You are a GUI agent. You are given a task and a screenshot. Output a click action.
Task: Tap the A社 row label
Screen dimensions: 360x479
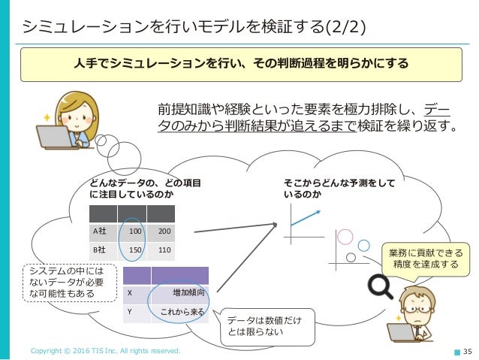(x=98, y=230)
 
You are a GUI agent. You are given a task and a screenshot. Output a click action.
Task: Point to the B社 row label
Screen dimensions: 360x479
(x=98, y=250)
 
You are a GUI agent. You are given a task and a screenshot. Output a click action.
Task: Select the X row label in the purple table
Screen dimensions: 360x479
(x=131, y=292)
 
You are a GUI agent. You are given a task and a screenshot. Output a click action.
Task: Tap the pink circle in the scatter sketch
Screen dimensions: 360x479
(x=345, y=235)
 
